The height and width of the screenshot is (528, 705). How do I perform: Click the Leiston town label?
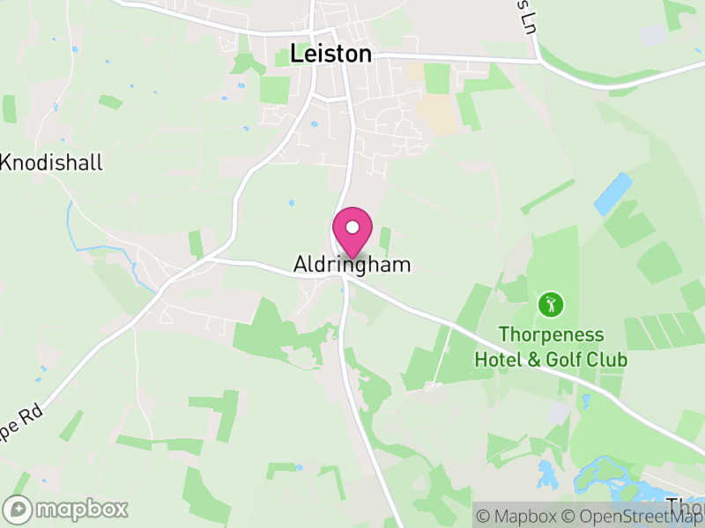[330, 54]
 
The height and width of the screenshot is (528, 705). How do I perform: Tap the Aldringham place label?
[352, 264]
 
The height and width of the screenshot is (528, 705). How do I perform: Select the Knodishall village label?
[53, 162]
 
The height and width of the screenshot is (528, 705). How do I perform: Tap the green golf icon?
[551, 305]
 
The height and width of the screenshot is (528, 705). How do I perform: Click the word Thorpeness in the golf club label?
[551, 335]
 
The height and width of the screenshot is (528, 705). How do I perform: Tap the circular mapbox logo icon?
[19, 510]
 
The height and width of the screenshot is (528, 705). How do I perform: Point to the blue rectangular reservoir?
[613, 194]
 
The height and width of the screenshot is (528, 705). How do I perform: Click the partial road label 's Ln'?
[527, 12]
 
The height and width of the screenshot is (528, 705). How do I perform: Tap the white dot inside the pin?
[352, 226]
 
